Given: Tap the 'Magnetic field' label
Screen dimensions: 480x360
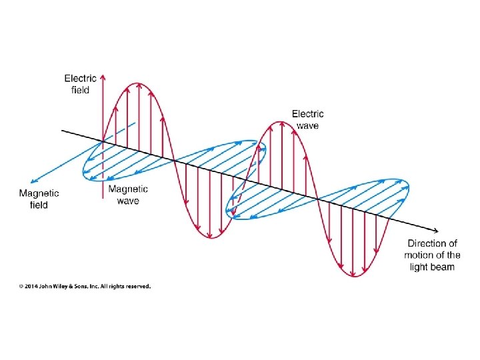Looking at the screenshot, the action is coord(39,199).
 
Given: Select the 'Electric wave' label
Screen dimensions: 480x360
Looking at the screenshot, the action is coord(307,120).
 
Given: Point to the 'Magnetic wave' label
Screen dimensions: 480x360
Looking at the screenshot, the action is coord(128,195).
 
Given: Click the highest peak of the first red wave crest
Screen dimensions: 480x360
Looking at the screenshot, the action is coord(138,83).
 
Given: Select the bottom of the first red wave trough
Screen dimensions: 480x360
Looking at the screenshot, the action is coord(210,238).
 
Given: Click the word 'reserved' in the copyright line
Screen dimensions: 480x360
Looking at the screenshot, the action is coord(137,287).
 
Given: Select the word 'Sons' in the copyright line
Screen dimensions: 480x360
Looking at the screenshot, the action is coord(90,287).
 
